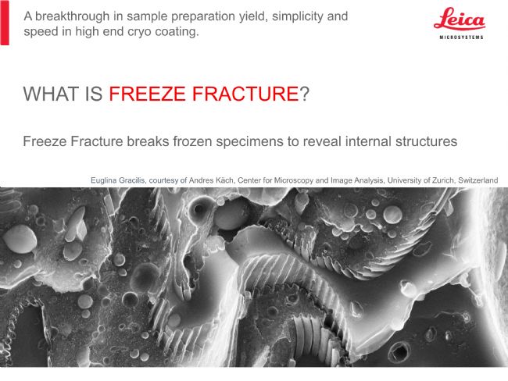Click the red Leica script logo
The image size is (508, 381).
point(459,19)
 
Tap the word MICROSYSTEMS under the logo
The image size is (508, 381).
point(461,37)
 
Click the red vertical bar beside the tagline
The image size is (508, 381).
point(5,23)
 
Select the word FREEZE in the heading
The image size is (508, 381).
point(148,94)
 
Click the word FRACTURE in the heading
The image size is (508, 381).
point(245,94)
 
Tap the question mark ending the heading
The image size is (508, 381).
point(305,94)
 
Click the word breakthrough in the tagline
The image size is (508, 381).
point(72,16)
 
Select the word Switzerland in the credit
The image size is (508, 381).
point(478,180)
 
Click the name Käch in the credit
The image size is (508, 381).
point(226,180)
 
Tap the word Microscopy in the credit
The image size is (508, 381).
point(294,180)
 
